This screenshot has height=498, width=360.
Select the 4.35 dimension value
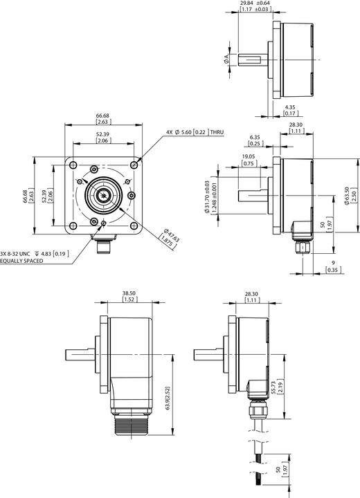(292, 107)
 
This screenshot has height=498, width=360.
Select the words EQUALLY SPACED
(21, 261)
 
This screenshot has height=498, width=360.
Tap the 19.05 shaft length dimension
(248, 157)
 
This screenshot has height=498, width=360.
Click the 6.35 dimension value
(255, 138)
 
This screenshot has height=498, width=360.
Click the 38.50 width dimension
(128, 294)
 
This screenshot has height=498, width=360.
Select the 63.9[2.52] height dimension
(169, 401)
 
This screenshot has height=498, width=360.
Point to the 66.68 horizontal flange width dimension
(102, 116)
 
